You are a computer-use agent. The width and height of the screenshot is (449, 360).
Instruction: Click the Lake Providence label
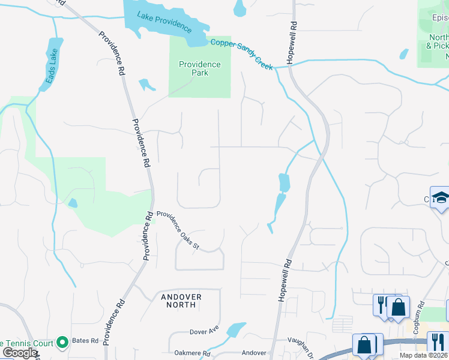pos(164,22)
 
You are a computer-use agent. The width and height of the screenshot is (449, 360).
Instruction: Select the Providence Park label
pos(200,68)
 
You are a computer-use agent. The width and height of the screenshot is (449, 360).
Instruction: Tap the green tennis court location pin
pos(62,343)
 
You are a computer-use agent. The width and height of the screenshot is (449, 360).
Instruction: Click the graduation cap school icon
pos(441,198)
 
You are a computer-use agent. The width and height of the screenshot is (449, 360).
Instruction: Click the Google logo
pos(20,353)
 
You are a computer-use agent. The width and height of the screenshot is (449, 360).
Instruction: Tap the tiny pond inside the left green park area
pos(73,203)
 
